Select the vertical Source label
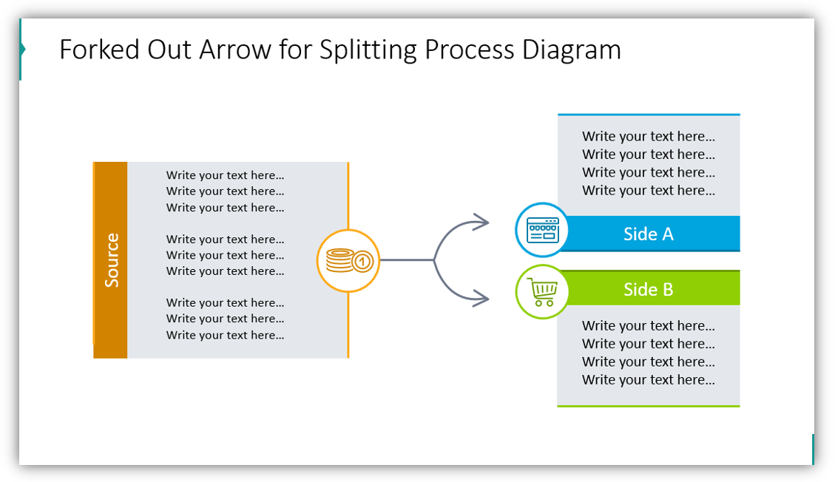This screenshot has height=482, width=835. (x=111, y=260)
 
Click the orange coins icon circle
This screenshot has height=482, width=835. (x=348, y=260)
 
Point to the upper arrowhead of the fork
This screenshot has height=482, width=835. (x=482, y=221)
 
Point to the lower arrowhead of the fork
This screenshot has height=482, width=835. (x=482, y=299)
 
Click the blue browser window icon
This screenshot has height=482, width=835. (x=542, y=230)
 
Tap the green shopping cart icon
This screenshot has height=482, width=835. (x=542, y=292)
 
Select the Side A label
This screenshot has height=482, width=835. (x=648, y=234)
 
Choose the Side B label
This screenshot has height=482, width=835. (x=648, y=289)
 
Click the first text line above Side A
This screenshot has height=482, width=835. (x=648, y=136)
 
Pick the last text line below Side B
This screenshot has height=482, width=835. (x=648, y=380)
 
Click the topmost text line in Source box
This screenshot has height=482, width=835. (x=225, y=175)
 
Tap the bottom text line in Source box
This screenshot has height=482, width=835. (x=225, y=335)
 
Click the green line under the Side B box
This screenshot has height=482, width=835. (x=648, y=406)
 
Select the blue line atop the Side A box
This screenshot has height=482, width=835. (x=648, y=115)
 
